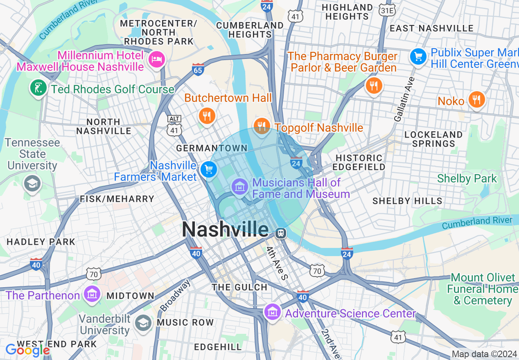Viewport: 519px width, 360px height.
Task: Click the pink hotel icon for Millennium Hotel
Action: pos(157,60)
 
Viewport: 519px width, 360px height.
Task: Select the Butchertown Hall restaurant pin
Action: pos(207,116)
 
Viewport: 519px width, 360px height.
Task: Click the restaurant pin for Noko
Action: pos(477,100)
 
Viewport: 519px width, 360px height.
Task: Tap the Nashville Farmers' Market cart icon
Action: pos(208,169)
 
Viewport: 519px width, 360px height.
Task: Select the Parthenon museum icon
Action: pos(92,294)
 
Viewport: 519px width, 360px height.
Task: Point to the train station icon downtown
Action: pos(281,233)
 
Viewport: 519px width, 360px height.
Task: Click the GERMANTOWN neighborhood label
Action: pos(212,148)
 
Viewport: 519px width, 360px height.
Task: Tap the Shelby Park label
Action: pos(467,179)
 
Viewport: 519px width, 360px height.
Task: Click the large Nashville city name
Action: pos(225,229)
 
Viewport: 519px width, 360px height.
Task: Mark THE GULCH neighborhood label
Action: pos(239,287)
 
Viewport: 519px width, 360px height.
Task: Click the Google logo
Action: pos(27,350)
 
